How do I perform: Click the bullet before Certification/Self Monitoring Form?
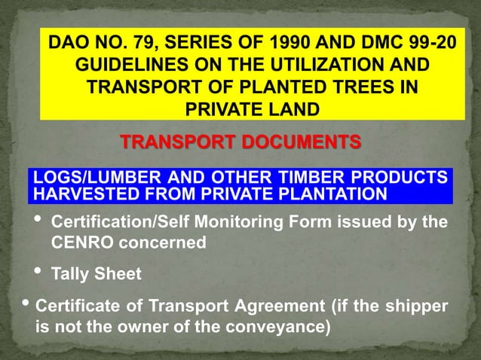38,220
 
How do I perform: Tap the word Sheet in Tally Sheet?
119,273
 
